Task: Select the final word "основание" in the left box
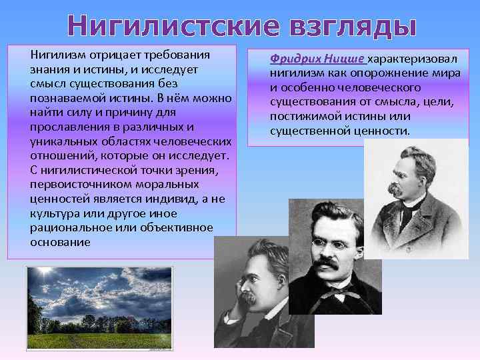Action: (x=60, y=241)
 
